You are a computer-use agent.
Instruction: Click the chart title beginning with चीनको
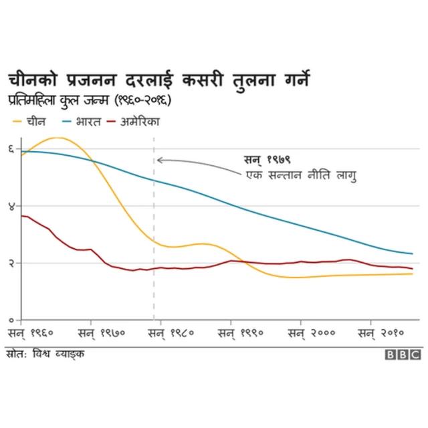point(158,80)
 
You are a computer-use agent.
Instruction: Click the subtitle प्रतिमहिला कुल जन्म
point(90,102)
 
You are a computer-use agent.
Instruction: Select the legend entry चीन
point(29,122)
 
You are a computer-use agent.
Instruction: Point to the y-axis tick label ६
point(11,148)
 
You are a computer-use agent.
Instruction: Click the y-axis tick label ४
point(11,205)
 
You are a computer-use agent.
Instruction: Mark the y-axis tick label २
point(11,262)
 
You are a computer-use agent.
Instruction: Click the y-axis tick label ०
point(11,319)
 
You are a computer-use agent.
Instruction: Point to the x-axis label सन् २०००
point(312,332)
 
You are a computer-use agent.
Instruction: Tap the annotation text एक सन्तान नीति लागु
point(300,176)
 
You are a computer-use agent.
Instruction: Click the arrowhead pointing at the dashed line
point(159,160)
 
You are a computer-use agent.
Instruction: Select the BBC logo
point(403,354)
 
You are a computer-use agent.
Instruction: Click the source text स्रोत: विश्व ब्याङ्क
point(45,353)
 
